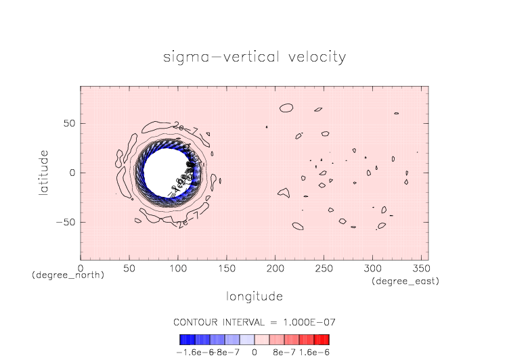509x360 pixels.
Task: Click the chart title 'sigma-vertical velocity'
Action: point(255,57)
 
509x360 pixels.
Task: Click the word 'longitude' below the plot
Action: point(255,296)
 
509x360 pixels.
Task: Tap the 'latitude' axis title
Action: point(45,173)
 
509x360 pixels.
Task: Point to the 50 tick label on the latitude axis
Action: point(68,124)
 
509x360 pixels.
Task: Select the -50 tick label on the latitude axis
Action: point(66,222)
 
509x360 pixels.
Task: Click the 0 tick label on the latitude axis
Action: point(72,173)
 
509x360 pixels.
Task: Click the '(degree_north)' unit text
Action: point(68,275)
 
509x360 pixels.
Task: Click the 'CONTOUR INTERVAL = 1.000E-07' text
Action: point(255,321)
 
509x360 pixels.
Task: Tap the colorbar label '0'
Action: point(255,352)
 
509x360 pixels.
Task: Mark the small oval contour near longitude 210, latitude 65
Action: point(286,108)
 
